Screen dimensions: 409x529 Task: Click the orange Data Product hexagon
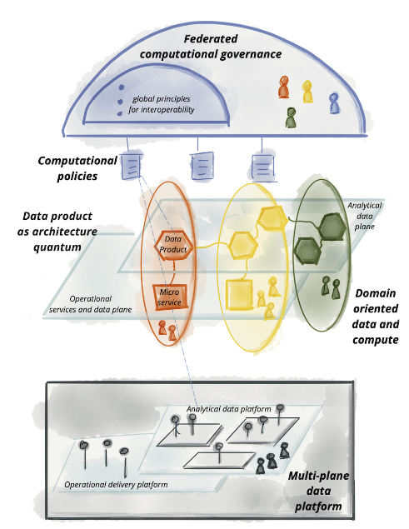click(x=174, y=245)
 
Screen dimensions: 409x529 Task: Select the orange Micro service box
click(x=170, y=297)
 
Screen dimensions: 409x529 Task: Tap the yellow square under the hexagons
click(x=240, y=294)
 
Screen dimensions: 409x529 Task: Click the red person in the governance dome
click(x=284, y=87)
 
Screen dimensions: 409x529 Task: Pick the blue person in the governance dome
click(x=334, y=103)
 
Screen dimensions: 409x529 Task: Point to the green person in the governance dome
click(x=291, y=117)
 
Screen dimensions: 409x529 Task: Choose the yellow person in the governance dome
click(x=307, y=92)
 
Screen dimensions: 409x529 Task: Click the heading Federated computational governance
click(x=211, y=47)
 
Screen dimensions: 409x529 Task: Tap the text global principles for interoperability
click(x=162, y=104)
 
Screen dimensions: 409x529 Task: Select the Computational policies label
click(x=77, y=168)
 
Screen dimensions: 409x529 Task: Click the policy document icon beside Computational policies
click(x=131, y=165)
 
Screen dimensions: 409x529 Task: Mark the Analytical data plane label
click(x=365, y=216)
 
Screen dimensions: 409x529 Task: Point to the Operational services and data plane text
click(x=91, y=304)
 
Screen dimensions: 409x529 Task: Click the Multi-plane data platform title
click(x=318, y=491)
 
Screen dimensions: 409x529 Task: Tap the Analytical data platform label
click(x=229, y=409)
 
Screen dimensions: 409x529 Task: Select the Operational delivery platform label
click(x=116, y=485)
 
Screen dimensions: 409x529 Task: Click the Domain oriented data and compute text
click(x=375, y=317)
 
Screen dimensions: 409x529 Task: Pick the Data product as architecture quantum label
click(x=57, y=232)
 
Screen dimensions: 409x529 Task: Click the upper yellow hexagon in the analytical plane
click(x=272, y=218)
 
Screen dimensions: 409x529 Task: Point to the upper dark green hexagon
click(x=332, y=227)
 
